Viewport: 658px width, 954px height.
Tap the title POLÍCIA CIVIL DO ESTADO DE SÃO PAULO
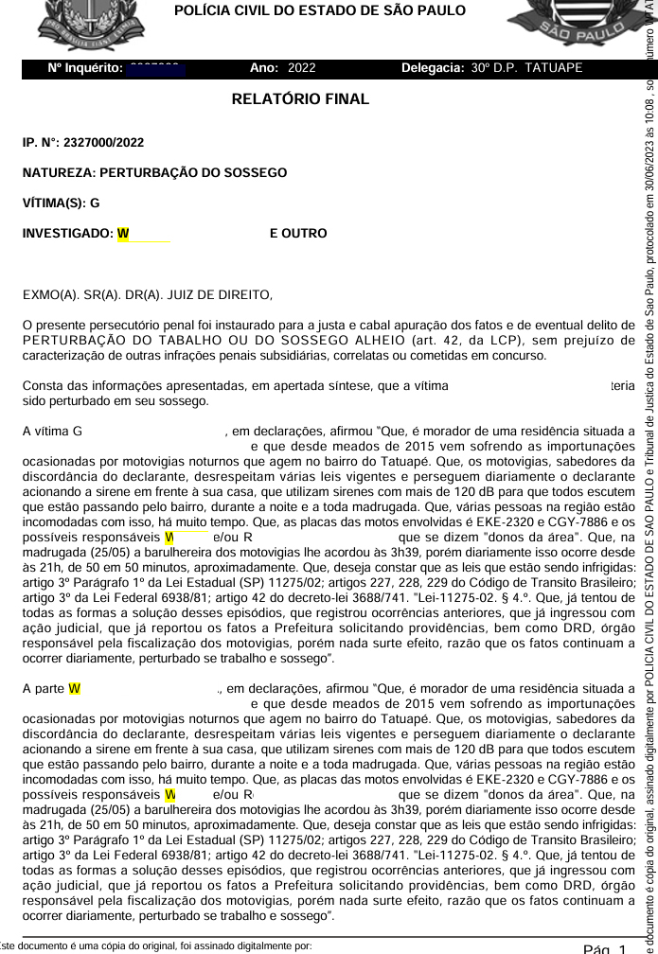pyautogui.click(x=320, y=10)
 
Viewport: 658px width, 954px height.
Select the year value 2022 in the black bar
pyautogui.click(x=301, y=68)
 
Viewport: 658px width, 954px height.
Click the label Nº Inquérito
pyautogui.click(x=85, y=68)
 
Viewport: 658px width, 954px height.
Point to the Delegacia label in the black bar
pyautogui.click(x=433, y=68)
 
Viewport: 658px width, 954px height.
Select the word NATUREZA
pyautogui.click(x=57, y=173)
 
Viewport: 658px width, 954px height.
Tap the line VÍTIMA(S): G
pyautogui.click(x=61, y=203)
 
